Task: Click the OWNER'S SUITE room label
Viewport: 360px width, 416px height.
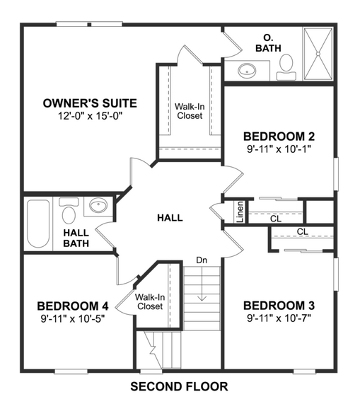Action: pyautogui.click(x=89, y=103)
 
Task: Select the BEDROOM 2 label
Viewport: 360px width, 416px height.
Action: pyautogui.click(x=279, y=136)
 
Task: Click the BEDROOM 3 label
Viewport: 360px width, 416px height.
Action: pyautogui.click(x=279, y=306)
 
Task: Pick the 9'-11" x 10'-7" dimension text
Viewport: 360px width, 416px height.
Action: pyautogui.click(x=279, y=318)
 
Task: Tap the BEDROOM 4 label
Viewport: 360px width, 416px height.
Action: pyautogui.click(x=73, y=306)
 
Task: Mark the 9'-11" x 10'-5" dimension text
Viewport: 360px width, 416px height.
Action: pyautogui.click(x=73, y=318)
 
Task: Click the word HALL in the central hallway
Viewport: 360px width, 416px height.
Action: pyautogui.click(x=170, y=217)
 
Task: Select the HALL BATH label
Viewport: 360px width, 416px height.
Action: pyautogui.click(x=75, y=238)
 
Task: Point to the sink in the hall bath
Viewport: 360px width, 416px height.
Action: pyautogui.click(x=97, y=207)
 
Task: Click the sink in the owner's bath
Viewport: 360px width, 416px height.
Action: pyautogui.click(x=248, y=70)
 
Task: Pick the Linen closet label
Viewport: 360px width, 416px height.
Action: pyautogui.click(x=240, y=212)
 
